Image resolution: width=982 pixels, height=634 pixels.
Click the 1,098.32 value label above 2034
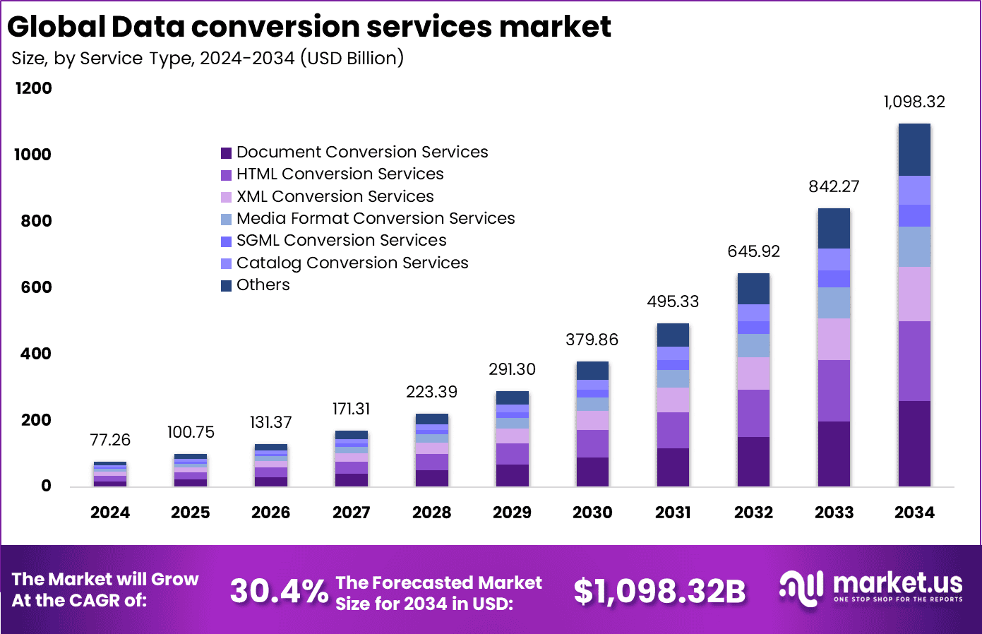(x=914, y=102)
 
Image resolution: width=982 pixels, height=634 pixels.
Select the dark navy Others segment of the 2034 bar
(x=914, y=150)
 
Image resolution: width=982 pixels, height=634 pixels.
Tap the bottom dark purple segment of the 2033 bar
(x=834, y=453)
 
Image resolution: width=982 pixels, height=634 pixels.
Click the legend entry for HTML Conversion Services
(x=340, y=174)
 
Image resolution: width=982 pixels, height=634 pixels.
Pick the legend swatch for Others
(x=226, y=285)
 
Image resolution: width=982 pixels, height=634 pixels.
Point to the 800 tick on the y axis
(x=36, y=221)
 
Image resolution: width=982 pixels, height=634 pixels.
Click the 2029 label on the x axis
(x=512, y=513)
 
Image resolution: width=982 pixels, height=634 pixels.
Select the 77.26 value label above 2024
(x=110, y=440)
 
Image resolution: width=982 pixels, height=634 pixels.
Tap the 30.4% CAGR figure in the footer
(x=279, y=591)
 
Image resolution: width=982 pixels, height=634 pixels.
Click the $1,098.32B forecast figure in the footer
(x=659, y=591)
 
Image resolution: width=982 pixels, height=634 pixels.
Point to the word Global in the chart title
(x=56, y=27)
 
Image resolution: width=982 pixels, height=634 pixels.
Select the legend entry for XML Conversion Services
(x=335, y=196)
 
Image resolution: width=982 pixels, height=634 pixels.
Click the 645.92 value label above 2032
(x=753, y=251)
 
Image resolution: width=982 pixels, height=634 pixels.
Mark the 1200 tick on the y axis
(x=33, y=88)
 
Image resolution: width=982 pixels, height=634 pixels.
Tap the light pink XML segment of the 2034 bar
(x=914, y=294)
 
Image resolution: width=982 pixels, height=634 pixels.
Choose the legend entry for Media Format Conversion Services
(x=376, y=218)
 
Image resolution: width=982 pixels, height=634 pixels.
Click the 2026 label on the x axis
(x=270, y=513)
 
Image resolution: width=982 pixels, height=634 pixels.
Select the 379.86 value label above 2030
(x=592, y=340)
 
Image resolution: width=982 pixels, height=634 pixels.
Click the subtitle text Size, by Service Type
(x=102, y=58)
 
